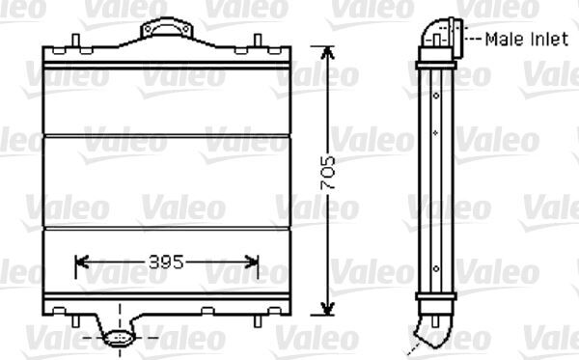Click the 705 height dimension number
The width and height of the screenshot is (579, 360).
[x=328, y=174]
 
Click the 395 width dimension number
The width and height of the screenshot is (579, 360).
[x=167, y=262]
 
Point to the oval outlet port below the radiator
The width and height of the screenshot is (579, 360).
[x=120, y=338]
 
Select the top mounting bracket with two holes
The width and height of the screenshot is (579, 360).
[x=165, y=31]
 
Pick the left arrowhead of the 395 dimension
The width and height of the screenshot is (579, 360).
[x=80, y=262]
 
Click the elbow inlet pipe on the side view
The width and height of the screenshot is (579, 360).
[x=436, y=37]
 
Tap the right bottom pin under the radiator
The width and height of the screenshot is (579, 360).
[x=258, y=314]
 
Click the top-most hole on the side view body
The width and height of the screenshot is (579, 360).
[x=436, y=95]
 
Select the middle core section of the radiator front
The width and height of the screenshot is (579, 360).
[x=166, y=181]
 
